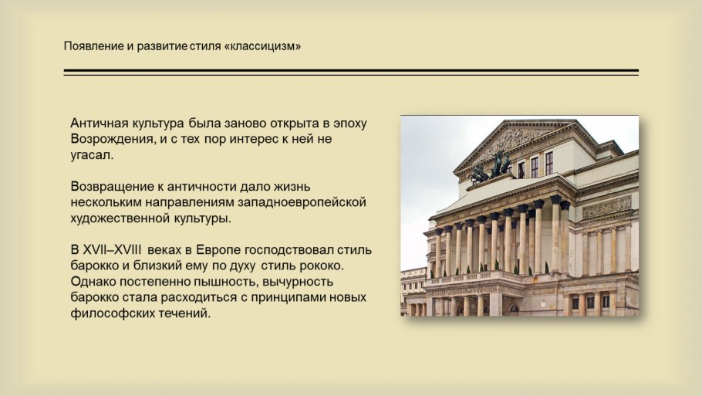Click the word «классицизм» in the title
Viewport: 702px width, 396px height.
(262, 46)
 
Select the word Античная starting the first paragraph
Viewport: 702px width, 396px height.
(98, 124)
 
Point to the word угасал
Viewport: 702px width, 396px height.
(91, 156)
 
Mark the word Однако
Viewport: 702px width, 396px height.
(93, 283)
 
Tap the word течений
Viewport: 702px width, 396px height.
(186, 314)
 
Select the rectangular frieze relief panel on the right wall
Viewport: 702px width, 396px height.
(606, 208)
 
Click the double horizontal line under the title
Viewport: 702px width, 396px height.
(351, 73)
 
